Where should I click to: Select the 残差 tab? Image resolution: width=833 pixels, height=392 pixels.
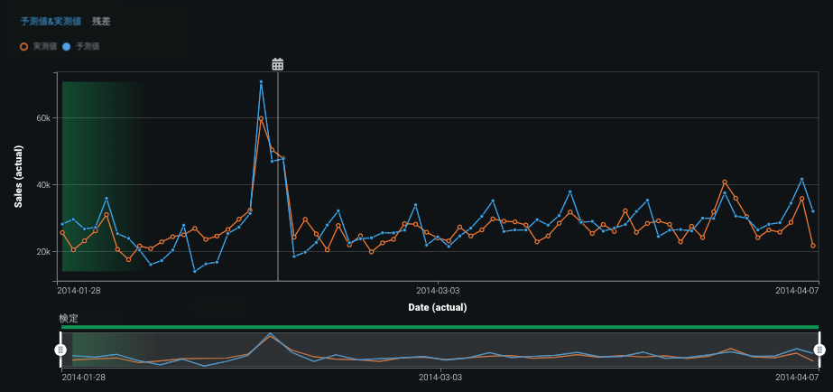[x=102, y=21]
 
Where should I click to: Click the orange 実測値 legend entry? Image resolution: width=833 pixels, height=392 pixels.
[x=39, y=45]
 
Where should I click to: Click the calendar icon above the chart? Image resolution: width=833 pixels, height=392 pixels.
[x=278, y=64]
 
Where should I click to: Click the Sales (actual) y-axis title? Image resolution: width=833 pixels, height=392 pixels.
[x=18, y=176]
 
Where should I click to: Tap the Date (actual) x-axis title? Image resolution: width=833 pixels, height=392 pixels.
[x=437, y=308]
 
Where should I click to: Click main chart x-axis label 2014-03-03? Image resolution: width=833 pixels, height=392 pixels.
[x=438, y=291]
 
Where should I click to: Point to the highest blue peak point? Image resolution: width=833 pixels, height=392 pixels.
[x=261, y=82]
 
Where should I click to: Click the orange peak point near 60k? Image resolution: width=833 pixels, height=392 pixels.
[x=261, y=118]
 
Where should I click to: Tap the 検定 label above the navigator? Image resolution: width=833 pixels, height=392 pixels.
[x=69, y=319]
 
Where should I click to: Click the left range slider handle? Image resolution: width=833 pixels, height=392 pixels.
[x=60, y=350]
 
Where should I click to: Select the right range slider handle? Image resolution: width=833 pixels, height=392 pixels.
[x=819, y=350]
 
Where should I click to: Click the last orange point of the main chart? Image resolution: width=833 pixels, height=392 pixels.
[x=813, y=246]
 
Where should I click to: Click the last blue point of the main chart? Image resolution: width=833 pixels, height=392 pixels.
[x=813, y=211]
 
